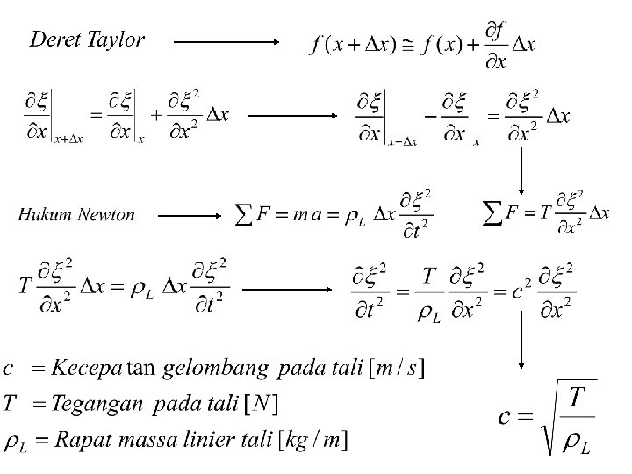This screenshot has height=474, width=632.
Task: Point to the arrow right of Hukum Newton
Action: coord(190,214)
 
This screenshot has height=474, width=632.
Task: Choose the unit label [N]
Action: coord(261,403)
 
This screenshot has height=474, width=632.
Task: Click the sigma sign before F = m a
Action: coord(248,213)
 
